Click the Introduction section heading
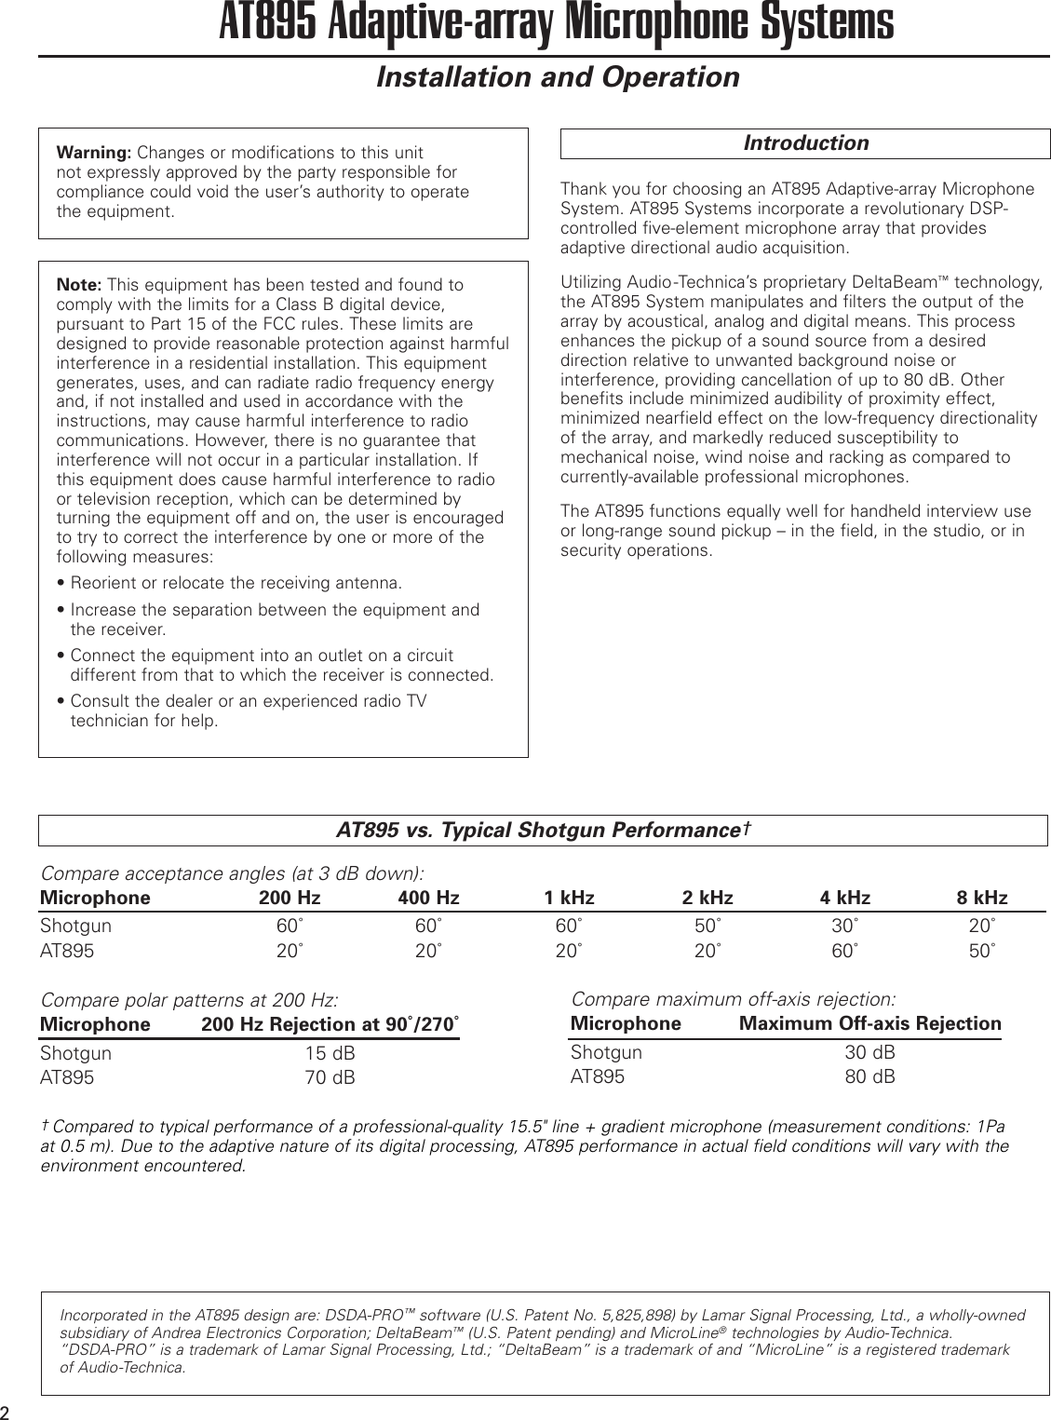(x=805, y=143)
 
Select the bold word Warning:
(x=94, y=153)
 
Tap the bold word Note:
(x=80, y=284)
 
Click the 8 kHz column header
(x=981, y=899)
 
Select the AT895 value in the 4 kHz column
(x=844, y=952)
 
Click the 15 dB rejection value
(x=330, y=1054)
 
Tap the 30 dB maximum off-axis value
(x=869, y=1053)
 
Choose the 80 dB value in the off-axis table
(x=869, y=1077)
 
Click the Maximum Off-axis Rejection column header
(x=869, y=1024)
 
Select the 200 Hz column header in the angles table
(x=290, y=899)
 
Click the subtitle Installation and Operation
(x=557, y=77)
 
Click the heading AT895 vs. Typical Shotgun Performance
(x=543, y=830)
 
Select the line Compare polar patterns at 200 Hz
(x=189, y=1001)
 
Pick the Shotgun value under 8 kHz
(x=979, y=926)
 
